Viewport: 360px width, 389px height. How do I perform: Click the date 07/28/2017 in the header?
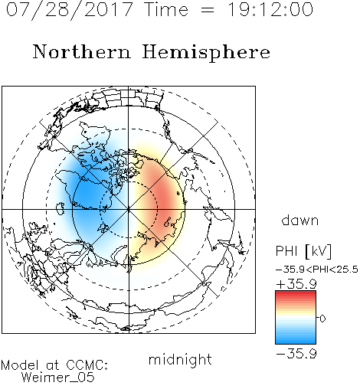69,10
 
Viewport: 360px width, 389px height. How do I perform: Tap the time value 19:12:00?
270,10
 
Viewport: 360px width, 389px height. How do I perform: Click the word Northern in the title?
82,51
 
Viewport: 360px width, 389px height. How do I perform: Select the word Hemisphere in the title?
206,52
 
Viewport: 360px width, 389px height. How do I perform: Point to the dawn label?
300,220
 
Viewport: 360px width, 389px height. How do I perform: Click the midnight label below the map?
180,360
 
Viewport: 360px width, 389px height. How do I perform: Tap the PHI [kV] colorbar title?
303,251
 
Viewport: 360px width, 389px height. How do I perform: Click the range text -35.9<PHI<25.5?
317,270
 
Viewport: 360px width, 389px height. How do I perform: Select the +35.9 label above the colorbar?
296,284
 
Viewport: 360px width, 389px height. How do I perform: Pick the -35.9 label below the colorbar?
296,354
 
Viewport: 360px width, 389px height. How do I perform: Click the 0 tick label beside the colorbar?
322,319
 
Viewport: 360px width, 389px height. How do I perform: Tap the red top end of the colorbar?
296,293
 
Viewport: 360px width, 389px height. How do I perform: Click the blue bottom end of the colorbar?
296,341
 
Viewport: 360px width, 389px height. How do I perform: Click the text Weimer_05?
58,378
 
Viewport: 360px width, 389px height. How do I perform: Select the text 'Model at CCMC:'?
54,365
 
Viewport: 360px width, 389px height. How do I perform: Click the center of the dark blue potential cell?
88,194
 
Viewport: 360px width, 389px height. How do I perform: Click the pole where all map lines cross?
129,209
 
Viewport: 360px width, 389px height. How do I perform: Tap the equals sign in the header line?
208,10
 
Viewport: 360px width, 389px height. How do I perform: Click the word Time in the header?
166,10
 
